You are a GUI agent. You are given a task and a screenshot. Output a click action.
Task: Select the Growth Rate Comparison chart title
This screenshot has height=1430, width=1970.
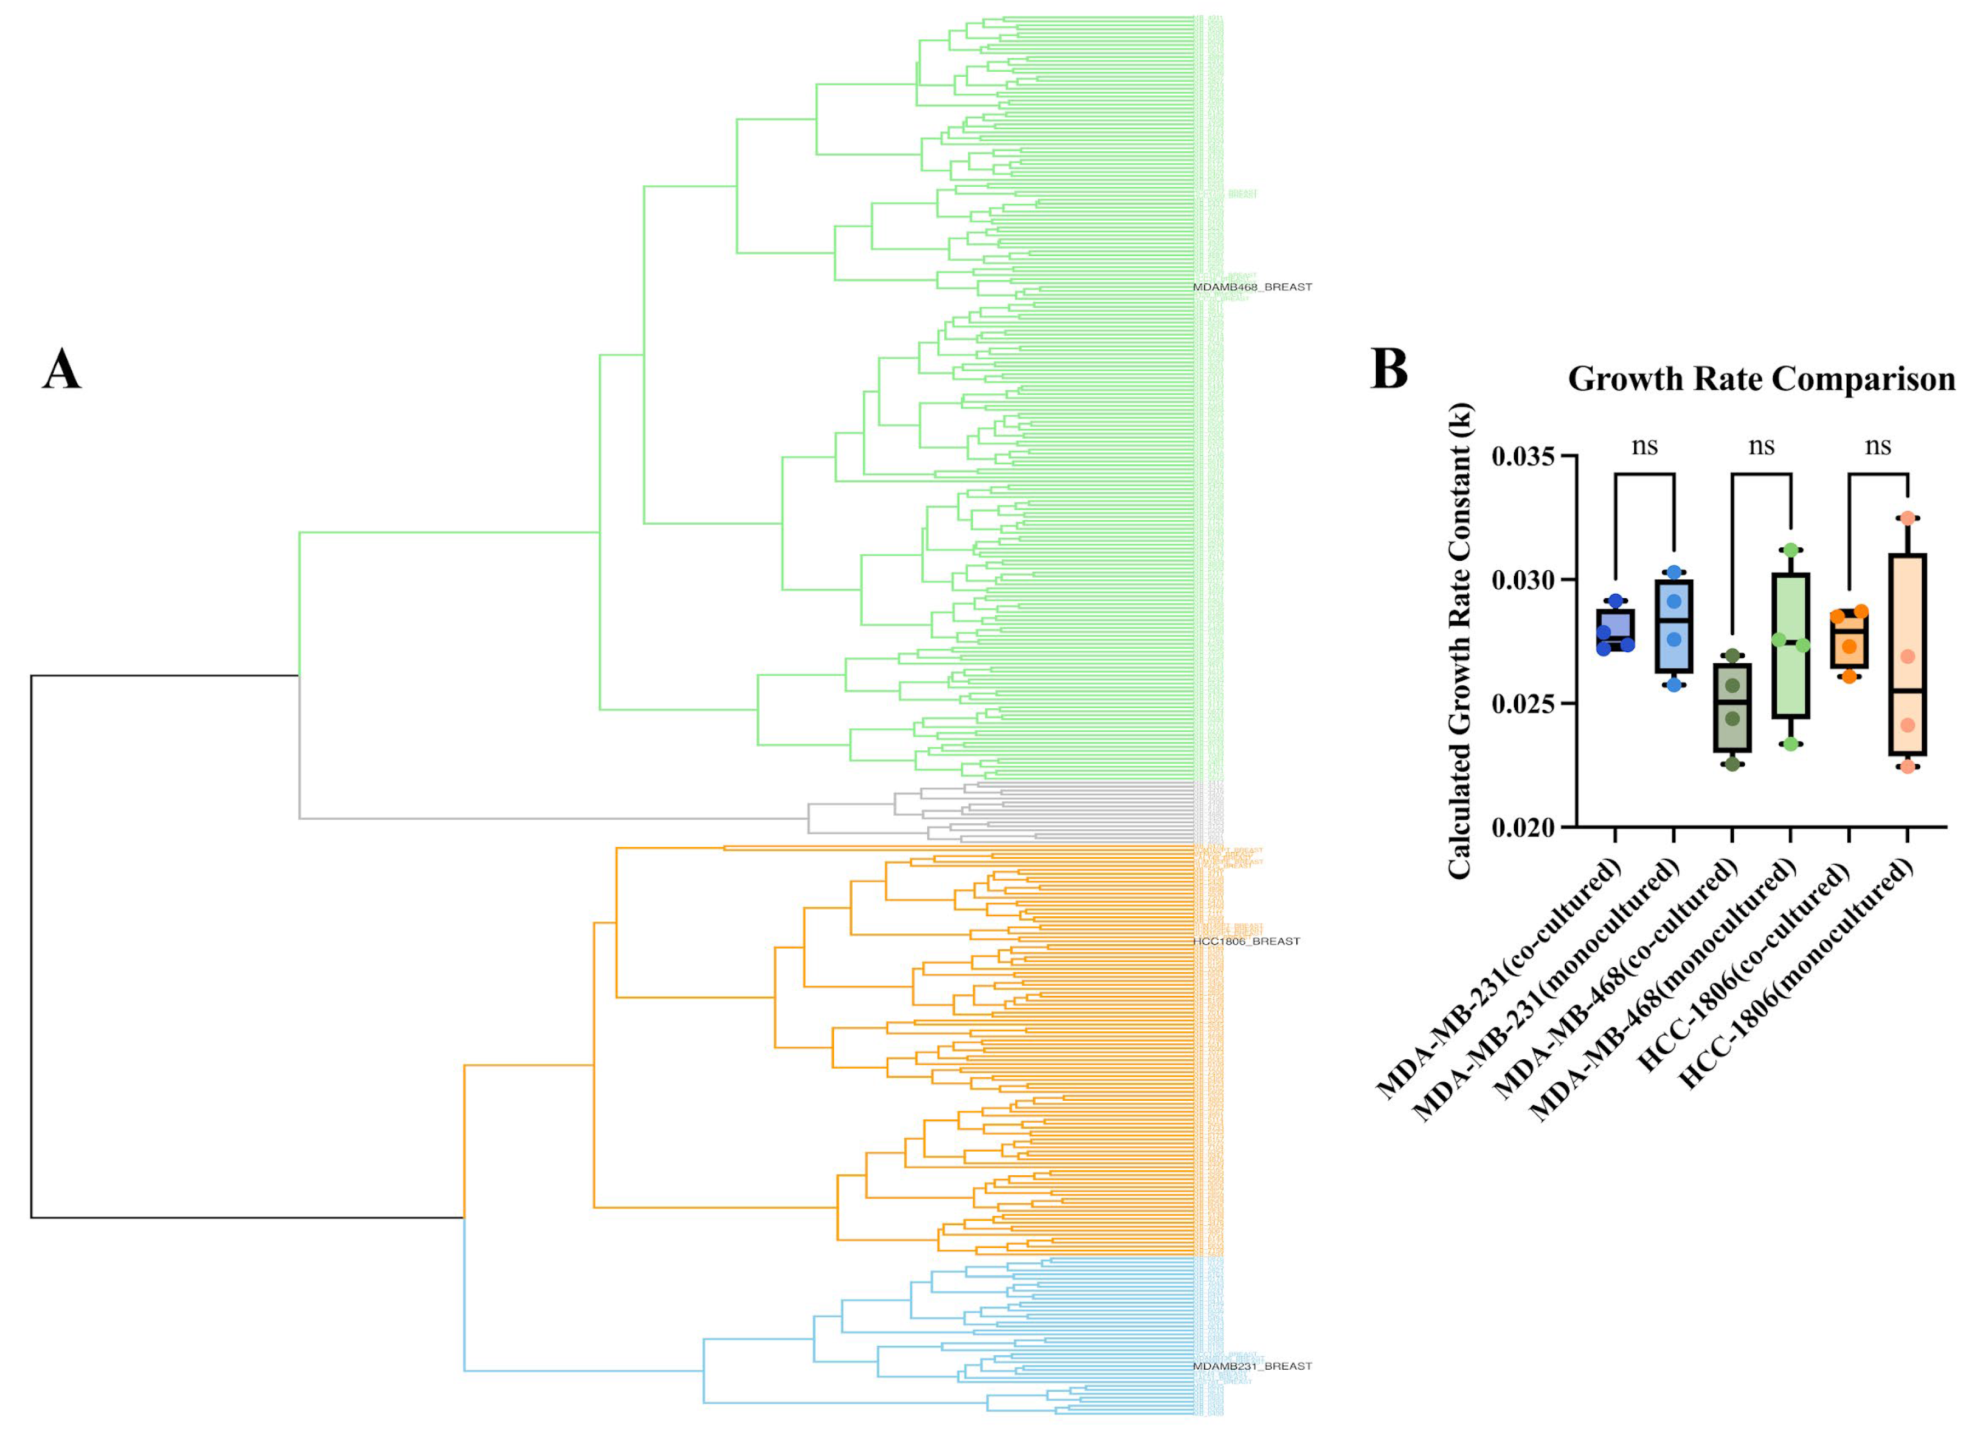1761,379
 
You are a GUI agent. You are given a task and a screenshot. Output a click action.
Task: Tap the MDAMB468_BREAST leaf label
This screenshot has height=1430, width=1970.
1251,286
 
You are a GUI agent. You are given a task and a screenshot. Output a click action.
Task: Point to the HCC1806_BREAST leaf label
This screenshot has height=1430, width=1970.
1247,941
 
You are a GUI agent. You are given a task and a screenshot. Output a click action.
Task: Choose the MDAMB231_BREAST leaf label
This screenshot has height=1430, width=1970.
1251,1366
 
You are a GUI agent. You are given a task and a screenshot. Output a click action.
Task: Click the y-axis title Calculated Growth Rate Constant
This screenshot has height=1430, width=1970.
1460,641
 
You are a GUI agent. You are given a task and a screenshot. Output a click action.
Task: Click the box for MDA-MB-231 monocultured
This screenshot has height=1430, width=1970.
1674,625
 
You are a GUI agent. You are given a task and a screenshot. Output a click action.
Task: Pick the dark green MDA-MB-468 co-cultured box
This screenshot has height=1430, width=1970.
1732,708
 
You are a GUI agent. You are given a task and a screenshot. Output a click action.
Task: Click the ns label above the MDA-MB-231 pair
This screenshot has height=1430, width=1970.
1644,446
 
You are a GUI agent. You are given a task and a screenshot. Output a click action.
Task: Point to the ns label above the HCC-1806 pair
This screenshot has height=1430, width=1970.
1878,446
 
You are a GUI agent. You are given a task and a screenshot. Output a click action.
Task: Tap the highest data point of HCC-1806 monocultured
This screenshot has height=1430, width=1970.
1908,518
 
